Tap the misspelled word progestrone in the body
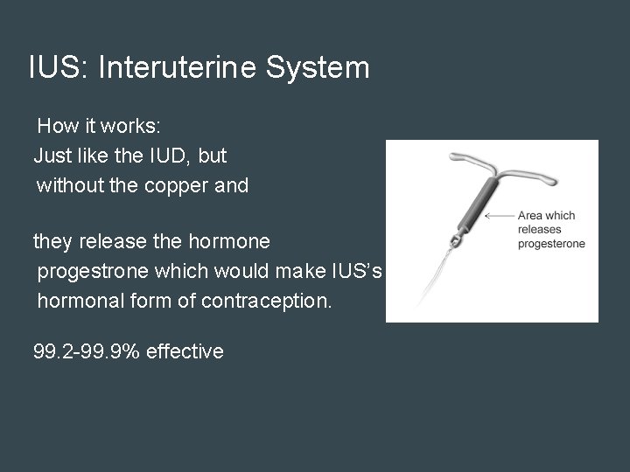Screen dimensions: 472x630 [94, 272]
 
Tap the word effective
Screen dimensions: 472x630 [185, 351]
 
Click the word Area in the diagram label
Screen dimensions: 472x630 [531, 215]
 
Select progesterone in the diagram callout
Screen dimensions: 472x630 [551, 244]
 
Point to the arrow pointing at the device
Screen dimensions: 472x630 [500, 215]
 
